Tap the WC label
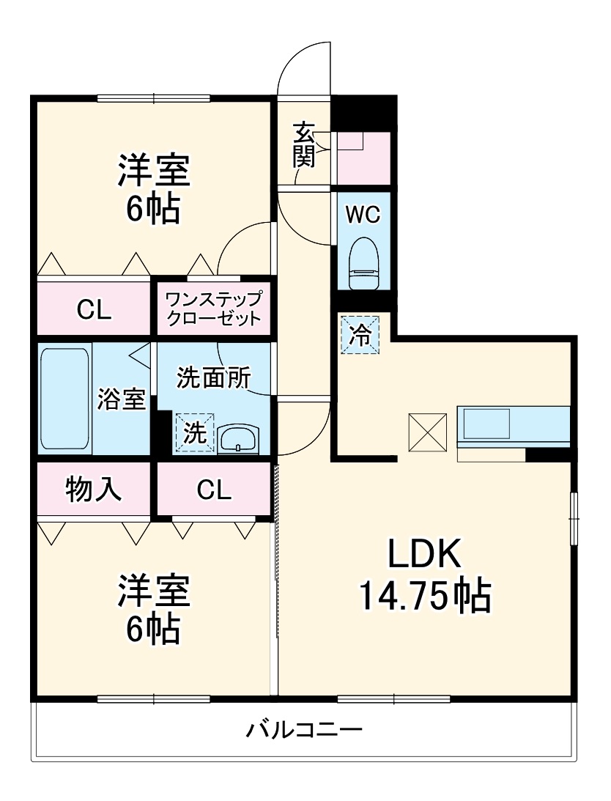coord(363,215)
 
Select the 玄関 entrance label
coord(304,145)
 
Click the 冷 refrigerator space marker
coord(360,334)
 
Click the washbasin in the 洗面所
coord(238,439)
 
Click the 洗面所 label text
coord(214,377)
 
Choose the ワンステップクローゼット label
coord(213,309)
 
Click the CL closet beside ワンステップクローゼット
coord(95,310)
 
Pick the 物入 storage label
coord(94,490)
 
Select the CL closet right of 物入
coord(213,490)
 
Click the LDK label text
coord(424,555)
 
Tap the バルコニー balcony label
coord(303,730)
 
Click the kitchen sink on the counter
coord(486,424)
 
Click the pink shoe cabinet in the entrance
coord(363,158)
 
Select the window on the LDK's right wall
coord(574,518)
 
